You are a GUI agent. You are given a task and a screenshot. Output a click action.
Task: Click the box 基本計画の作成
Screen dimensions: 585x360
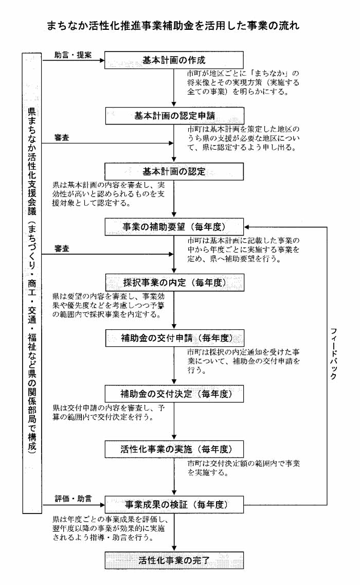point(174,60)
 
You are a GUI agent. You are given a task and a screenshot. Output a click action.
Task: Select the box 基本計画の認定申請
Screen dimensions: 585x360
point(174,116)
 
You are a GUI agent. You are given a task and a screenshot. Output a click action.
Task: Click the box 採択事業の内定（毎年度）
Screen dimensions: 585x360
point(174,282)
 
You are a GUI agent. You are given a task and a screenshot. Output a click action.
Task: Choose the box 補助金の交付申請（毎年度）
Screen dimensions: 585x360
point(174,338)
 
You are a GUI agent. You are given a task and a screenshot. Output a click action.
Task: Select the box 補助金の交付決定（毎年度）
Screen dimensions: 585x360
point(174,394)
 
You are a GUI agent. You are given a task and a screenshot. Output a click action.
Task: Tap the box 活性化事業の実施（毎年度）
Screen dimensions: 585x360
point(174,449)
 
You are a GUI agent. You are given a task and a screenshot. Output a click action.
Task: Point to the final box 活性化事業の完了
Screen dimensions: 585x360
point(174,560)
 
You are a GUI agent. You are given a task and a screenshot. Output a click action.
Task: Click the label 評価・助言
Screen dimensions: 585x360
point(73,499)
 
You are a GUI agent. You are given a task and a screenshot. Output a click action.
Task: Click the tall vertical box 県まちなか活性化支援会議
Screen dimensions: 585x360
point(32,282)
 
